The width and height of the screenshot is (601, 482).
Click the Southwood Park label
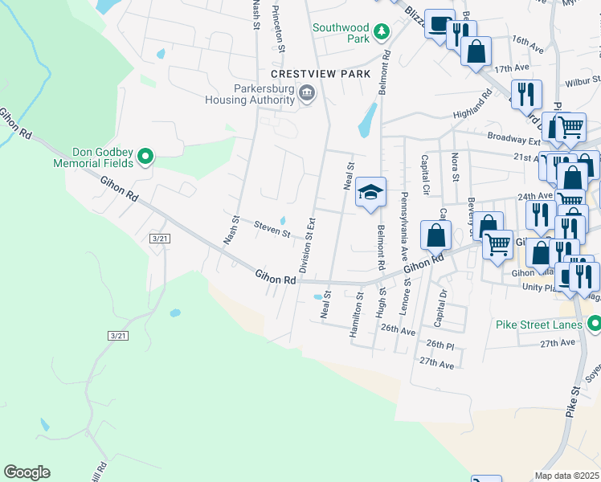pyautogui.click(x=340, y=32)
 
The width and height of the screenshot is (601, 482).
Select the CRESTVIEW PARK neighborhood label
pyautogui.click(x=321, y=74)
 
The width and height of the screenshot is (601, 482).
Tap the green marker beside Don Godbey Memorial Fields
pyautogui.click(x=145, y=156)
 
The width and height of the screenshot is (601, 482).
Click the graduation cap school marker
pyautogui.click(x=371, y=193)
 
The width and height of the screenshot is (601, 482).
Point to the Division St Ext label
pyautogui.click(x=305, y=244)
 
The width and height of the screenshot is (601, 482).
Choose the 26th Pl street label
pyautogui.click(x=440, y=344)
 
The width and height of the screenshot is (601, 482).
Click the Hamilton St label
pyautogui.click(x=354, y=319)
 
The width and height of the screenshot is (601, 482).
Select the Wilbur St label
pyautogui.click(x=583, y=82)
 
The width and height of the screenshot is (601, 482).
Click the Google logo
pyautogui.click(x=27, y=472)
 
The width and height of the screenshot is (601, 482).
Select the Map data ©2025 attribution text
pyautogui.click(x=566, y=476)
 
